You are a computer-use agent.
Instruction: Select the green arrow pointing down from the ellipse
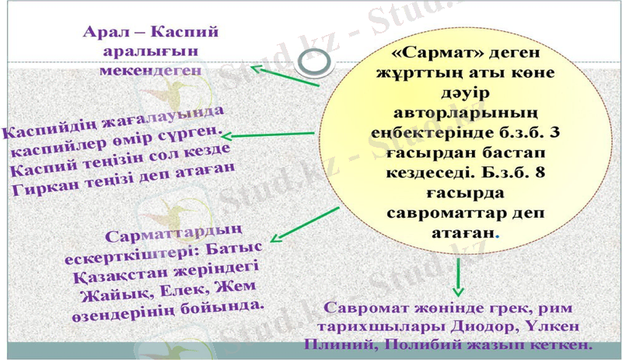click(458, 273)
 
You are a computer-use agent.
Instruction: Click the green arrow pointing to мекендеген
click(284, 76)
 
